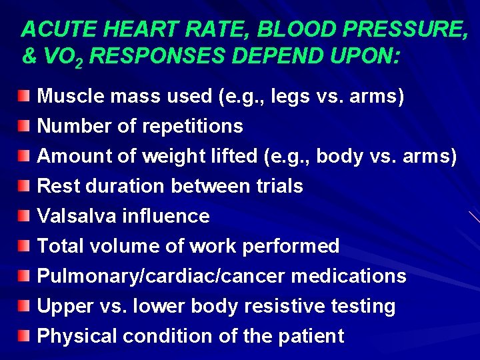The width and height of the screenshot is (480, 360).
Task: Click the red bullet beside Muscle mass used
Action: coord(24,96)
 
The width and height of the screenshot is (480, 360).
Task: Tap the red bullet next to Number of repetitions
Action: coord(24,126)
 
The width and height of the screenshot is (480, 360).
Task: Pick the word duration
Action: coord(121,186)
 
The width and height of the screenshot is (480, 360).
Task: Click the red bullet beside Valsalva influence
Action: coord(24,216)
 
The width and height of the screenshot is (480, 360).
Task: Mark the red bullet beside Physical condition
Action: coord(24,336)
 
